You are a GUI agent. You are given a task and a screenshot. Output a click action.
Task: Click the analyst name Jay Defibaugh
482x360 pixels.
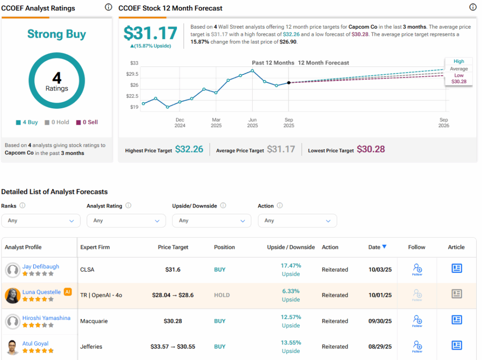tap(41, 266)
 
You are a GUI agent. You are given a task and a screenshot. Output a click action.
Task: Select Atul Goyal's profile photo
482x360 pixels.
tap(13, 347)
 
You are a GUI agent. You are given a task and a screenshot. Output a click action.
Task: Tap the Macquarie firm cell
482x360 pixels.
tap(94, 321)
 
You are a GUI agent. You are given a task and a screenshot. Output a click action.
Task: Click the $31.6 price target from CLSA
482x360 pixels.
tap(173, 270)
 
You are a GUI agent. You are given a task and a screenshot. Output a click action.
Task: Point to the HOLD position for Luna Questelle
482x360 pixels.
tap(222, 295)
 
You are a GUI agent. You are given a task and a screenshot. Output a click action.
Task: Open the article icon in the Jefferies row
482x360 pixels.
tap(456, 345)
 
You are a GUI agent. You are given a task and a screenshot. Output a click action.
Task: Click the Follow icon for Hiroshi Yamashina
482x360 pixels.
tap(417, 320)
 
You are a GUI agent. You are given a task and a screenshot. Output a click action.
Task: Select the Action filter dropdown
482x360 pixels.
tap(297, 220)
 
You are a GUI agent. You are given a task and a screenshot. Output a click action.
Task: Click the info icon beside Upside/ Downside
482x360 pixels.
tap(223, 206)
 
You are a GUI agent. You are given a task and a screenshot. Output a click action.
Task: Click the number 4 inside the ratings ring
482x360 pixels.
tap(56, 78)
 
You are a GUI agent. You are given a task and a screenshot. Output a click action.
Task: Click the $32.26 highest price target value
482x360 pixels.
tap(189, 149)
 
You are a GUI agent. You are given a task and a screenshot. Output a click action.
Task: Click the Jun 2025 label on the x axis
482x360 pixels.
tap(252, 123)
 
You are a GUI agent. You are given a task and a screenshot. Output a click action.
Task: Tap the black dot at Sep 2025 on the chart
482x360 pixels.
tap(289, 83)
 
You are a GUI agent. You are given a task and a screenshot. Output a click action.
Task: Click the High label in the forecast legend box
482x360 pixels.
tap(458, 61)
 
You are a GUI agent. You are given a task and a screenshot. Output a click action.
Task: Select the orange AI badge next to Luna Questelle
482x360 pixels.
tap(68, 292)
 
